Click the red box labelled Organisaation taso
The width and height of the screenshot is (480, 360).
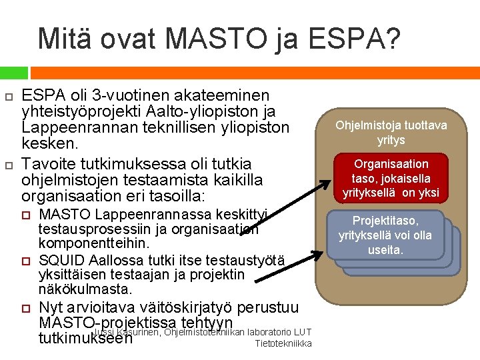point(391,178)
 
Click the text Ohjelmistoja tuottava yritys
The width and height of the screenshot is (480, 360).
point(391,133)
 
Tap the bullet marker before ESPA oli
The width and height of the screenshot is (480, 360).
point(8,97)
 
